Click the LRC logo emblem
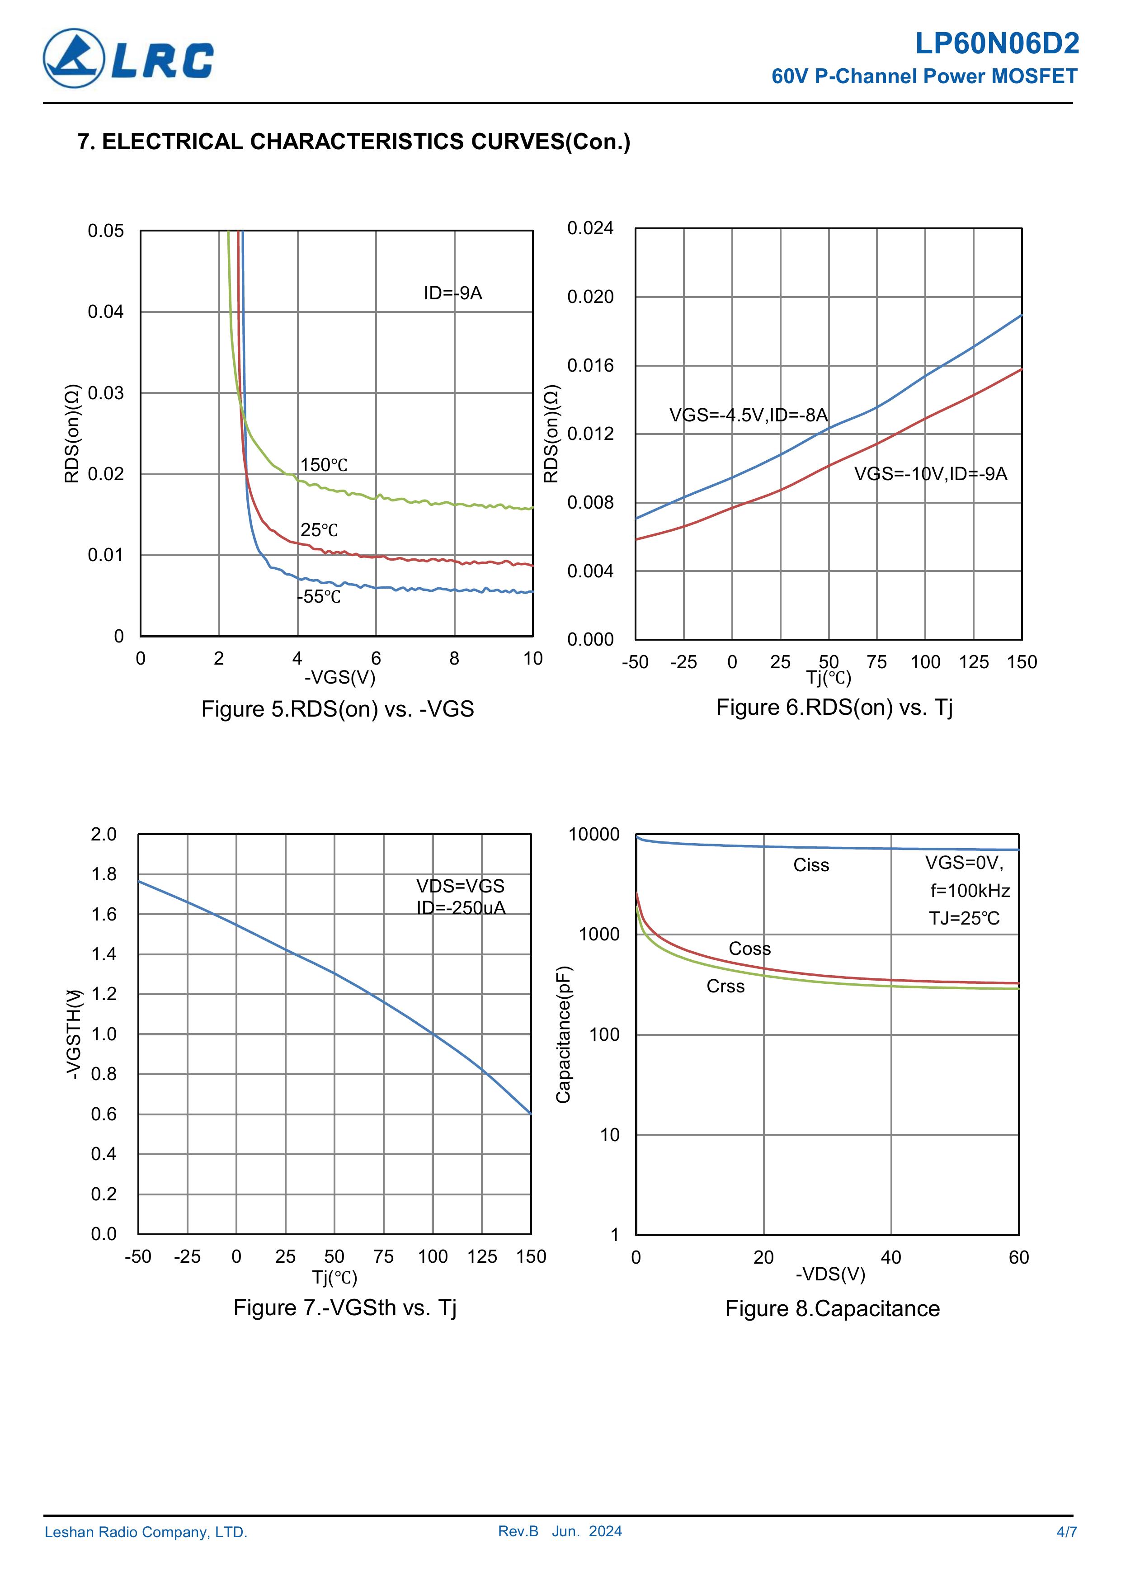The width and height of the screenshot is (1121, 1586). point(74,59)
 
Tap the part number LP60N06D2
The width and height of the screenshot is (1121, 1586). point(997,44)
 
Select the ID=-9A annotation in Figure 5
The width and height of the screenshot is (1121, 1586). point(452,293)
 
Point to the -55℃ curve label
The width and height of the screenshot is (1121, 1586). point(319,597)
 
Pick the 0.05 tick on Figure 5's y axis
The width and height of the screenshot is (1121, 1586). point(106,231)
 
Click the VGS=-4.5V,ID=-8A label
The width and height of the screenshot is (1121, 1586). point(748,415)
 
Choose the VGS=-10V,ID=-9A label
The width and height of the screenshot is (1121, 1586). point(930,474)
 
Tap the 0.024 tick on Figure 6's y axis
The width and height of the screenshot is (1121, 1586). point(590,228)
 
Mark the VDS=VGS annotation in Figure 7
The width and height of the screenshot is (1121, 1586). point(460,886)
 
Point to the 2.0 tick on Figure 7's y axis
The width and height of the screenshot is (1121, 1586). point(104,835)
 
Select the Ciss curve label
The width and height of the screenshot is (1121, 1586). point(811,865)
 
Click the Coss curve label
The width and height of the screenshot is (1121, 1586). point(749,949)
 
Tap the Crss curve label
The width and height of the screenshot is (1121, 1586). point(725,987)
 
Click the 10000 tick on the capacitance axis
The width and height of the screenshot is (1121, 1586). point(594,835)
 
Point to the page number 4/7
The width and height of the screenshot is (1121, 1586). point(1066,1532)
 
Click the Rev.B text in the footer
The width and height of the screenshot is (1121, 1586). point(518,1531)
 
